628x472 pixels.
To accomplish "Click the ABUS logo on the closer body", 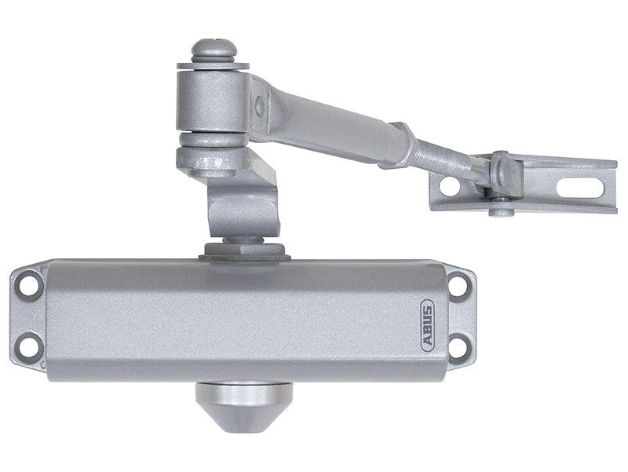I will [x=428, y=320].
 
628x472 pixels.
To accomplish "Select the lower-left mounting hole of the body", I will [x=29, y=344].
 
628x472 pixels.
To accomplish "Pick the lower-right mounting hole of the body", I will [x=458, y=345].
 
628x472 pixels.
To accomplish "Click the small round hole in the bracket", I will [x=450, y=187].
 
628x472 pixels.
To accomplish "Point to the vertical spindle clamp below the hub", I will [x=243, y=200].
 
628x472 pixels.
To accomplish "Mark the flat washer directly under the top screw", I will [x=212, y=64].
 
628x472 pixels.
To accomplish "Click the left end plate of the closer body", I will [x=27, y=315].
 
